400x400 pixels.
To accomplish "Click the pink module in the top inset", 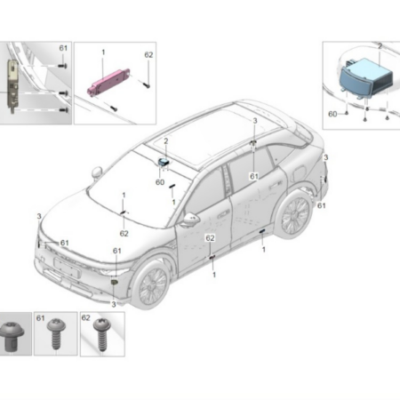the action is click(108, 81).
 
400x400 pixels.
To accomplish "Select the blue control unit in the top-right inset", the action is click(366, 78).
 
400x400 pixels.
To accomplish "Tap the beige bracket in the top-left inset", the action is click(12, 85).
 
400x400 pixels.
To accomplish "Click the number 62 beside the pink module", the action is click(148, 55).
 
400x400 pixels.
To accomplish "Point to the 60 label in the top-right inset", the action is click(332, 114).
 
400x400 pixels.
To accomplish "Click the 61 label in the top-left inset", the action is click(63, 48).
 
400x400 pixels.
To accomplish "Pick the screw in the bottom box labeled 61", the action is click(55, 333).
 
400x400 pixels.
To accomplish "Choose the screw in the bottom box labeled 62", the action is click(102, 334).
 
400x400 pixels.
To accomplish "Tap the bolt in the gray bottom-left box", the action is click(12, 337).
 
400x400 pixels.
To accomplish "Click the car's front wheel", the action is click(153, 284).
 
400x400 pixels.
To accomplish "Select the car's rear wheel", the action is click(295, 214).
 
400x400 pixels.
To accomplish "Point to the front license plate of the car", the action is click(68, 268).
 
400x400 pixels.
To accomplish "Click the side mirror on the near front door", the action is click(190, 220).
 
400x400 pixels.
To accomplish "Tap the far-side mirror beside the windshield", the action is click(97, 173).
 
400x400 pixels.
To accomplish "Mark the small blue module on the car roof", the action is click(164, 162).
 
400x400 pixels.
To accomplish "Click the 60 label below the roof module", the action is click(160, 182).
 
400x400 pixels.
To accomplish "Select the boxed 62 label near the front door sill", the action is click(210, 238).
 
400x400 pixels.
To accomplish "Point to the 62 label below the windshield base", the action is click(124, 234).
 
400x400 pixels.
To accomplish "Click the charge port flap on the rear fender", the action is click(299, 172).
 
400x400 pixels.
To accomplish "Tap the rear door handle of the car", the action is click(276, 185).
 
